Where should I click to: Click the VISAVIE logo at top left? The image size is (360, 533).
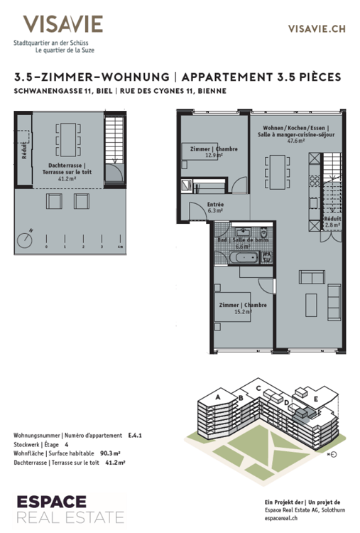pos(62,25)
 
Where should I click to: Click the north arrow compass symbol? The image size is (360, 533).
pos(26,237)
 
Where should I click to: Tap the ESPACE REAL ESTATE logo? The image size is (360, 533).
pos(70,507)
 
